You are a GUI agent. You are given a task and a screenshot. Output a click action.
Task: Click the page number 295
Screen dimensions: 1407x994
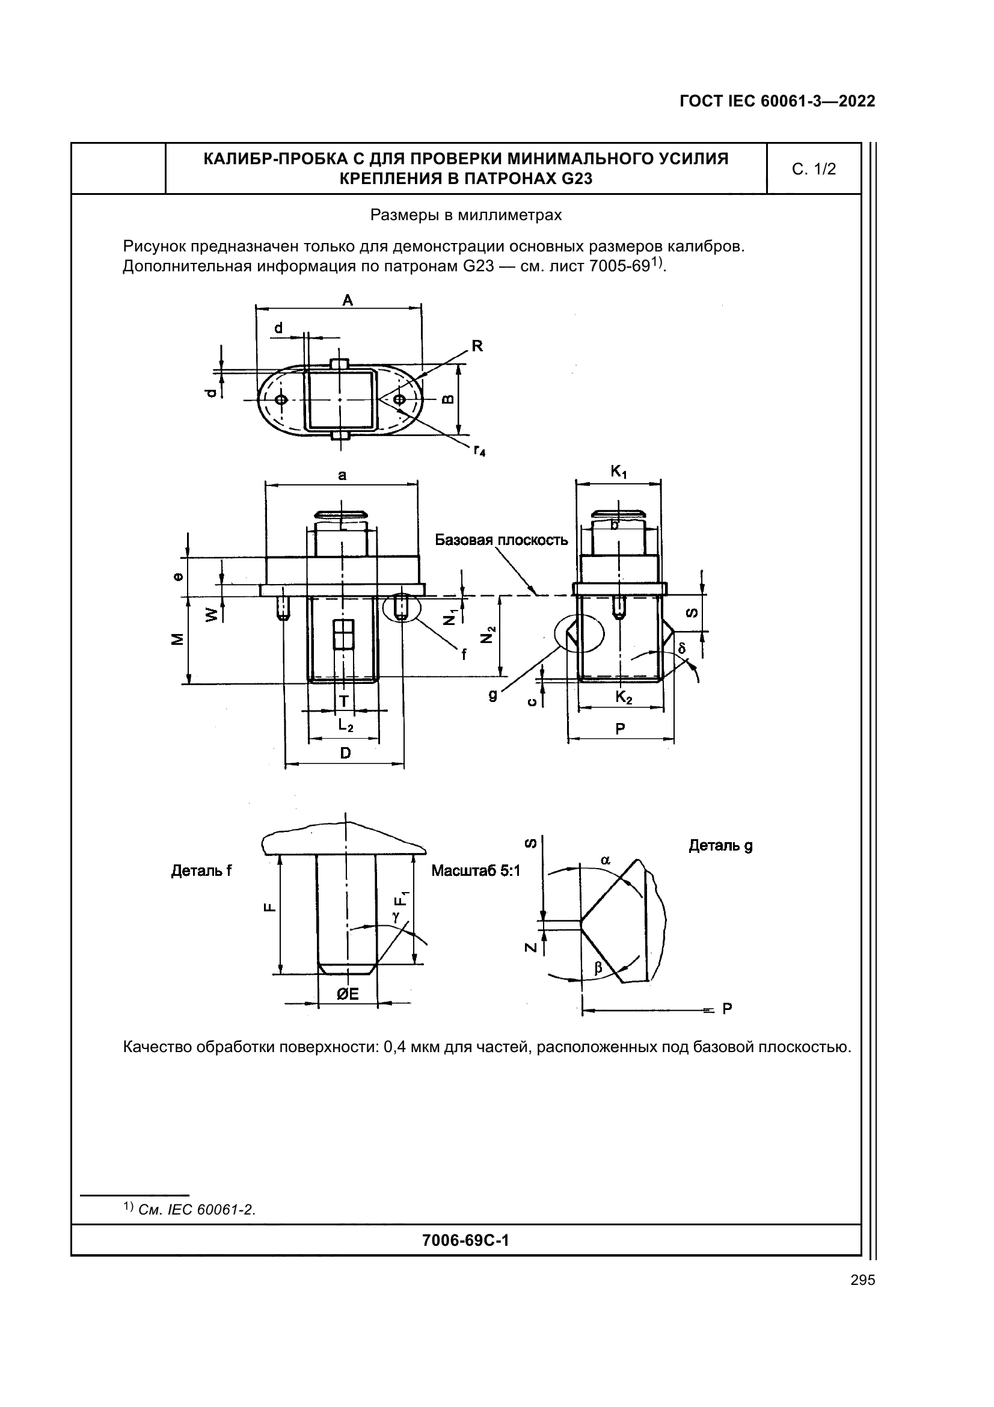(x=862, y=1280)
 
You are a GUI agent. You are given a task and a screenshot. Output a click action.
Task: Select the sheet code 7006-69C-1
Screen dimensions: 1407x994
(x=465, y=1240)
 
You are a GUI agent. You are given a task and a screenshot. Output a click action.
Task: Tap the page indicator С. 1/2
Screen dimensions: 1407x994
(x=814, y=169)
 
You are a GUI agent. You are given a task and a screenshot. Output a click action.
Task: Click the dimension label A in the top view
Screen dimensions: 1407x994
(x=347, y=300)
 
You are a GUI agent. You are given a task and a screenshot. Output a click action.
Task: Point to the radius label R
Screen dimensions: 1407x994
(x=477, y=346)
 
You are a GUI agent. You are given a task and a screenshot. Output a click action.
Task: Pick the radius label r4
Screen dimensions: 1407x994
(x=479, y=451)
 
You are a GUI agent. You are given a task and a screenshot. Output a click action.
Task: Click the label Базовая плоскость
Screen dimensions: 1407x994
(x=501, y=540)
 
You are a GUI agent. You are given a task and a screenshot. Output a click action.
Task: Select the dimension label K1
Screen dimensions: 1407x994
(x=619, y=472)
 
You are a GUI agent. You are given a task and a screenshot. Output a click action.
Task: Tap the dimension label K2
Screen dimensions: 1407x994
(x=624, y=697)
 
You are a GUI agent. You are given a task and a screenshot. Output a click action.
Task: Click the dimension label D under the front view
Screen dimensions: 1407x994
(x=345, y=753)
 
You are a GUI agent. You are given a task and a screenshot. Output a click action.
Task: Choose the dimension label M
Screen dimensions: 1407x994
(x=177, y=639)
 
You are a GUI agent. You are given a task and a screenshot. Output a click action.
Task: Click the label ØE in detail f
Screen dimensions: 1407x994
(x=347, y=994)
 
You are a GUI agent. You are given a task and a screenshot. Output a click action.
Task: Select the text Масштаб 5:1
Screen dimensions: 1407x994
(x=475, y=870)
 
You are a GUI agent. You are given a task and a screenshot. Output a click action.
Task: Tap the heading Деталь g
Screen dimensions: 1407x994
(x=720, y=846)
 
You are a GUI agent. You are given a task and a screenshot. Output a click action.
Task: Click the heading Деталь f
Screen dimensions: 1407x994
(x=201, y=871)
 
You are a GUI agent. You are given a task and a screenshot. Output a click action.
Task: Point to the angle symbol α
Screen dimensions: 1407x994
(x=606, y=860)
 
